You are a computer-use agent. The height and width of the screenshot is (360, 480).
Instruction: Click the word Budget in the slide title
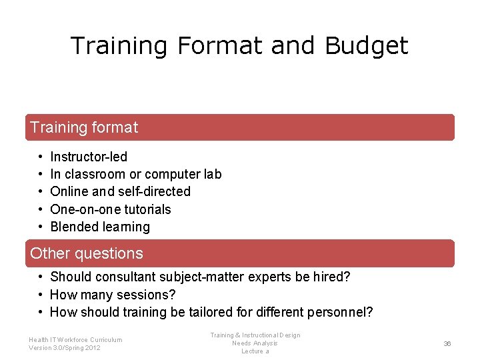tap(366, 46)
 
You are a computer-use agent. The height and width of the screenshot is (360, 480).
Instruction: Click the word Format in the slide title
tap(215, 46)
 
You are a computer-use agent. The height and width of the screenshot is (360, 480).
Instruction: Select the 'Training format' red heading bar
tap(239, 127)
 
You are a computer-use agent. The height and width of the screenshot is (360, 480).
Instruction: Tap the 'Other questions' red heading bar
tap(239, 253)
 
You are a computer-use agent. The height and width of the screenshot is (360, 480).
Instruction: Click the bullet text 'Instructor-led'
tap(89, 157)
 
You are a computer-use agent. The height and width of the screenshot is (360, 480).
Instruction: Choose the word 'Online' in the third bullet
tap(69, 191)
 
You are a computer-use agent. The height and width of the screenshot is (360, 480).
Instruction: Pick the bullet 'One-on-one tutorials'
tap(111, 209)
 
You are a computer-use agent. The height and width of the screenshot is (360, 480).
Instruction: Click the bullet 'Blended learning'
tap(100, 227)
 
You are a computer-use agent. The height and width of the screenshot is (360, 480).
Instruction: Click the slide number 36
tap(447, 343)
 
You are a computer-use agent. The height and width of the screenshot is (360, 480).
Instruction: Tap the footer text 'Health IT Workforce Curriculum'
tap(75, 339)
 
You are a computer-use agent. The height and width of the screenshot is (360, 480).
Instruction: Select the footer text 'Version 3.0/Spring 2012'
tap(65, 348)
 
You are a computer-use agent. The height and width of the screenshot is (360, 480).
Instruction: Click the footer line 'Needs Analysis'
tap(255, 343)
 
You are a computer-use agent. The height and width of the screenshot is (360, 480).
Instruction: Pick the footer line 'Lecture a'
tap(255, 351)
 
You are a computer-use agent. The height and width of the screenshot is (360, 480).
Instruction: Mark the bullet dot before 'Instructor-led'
tap(41, 157)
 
